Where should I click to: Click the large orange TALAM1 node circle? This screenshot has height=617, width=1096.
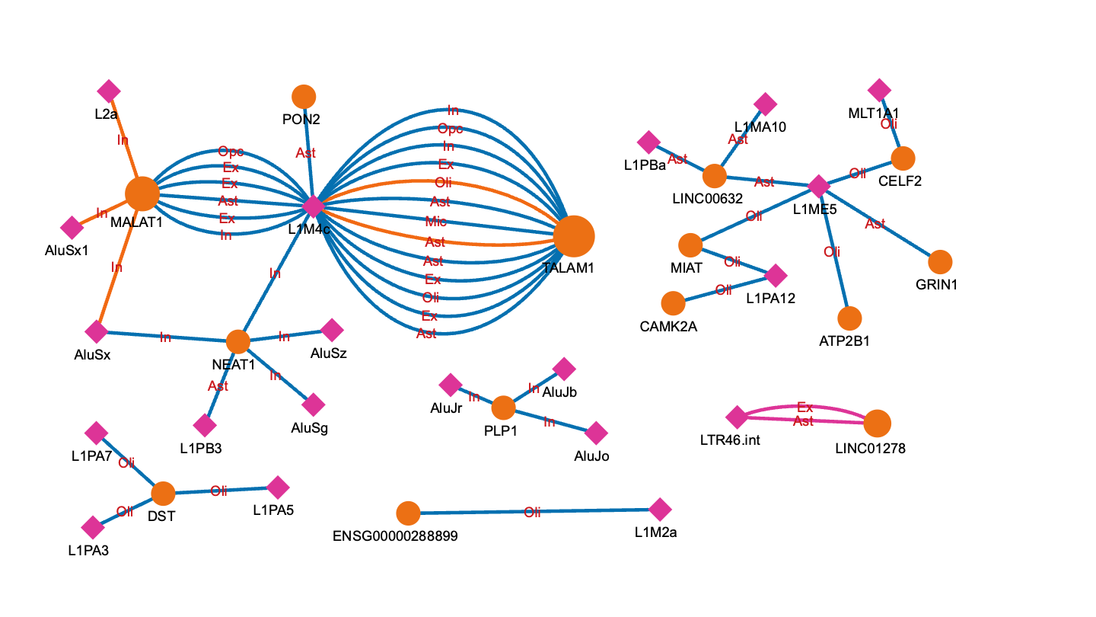(x=574, y=236)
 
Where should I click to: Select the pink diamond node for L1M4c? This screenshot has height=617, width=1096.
(x=314, y=206)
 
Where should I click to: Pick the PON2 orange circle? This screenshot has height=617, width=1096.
(x=304, y=97)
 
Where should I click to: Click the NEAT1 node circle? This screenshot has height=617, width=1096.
(x=238, y=342)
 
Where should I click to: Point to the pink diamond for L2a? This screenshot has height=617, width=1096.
(x=109, y=91)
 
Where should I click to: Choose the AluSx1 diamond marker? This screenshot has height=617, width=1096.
(x=72, y=227)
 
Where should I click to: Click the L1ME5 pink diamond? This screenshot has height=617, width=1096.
(x=818, y=186)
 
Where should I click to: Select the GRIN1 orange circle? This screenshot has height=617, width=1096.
(x=941, y=262)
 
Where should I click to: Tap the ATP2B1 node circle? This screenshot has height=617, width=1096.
(x=849, y=318)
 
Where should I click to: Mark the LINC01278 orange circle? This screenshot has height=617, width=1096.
(x=878, y=423)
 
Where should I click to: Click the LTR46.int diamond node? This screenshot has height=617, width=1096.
(x=736, y=417)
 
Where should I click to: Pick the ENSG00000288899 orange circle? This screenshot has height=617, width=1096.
(x=409, y=513)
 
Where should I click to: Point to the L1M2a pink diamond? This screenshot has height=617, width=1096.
(x=660, y=510)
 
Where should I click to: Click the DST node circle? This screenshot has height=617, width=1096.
(x=163, y=494)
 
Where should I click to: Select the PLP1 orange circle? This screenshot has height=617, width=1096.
(x=503, y=408)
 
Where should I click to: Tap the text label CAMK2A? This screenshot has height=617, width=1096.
(x=669, y=327)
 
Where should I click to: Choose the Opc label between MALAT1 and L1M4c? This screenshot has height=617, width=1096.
(x=231, y=151)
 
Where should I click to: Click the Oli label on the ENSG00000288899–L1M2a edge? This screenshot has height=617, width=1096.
(x=532, y=513)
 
